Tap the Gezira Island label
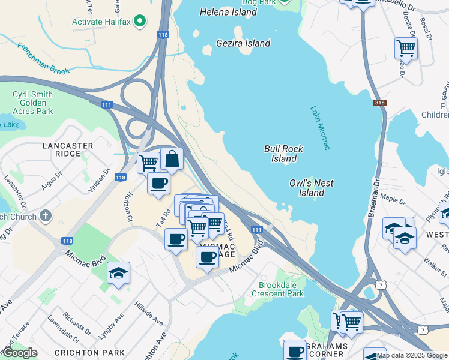(243, 43)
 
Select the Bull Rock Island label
(283, 154)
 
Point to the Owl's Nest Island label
(312, 188)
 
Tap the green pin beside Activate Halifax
(140, 22)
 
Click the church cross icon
(45, 216)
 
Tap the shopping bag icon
(172, 160)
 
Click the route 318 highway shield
(379, 103)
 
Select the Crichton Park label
(97, 352)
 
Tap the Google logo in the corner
(20, 353)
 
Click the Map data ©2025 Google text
(412, 355)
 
